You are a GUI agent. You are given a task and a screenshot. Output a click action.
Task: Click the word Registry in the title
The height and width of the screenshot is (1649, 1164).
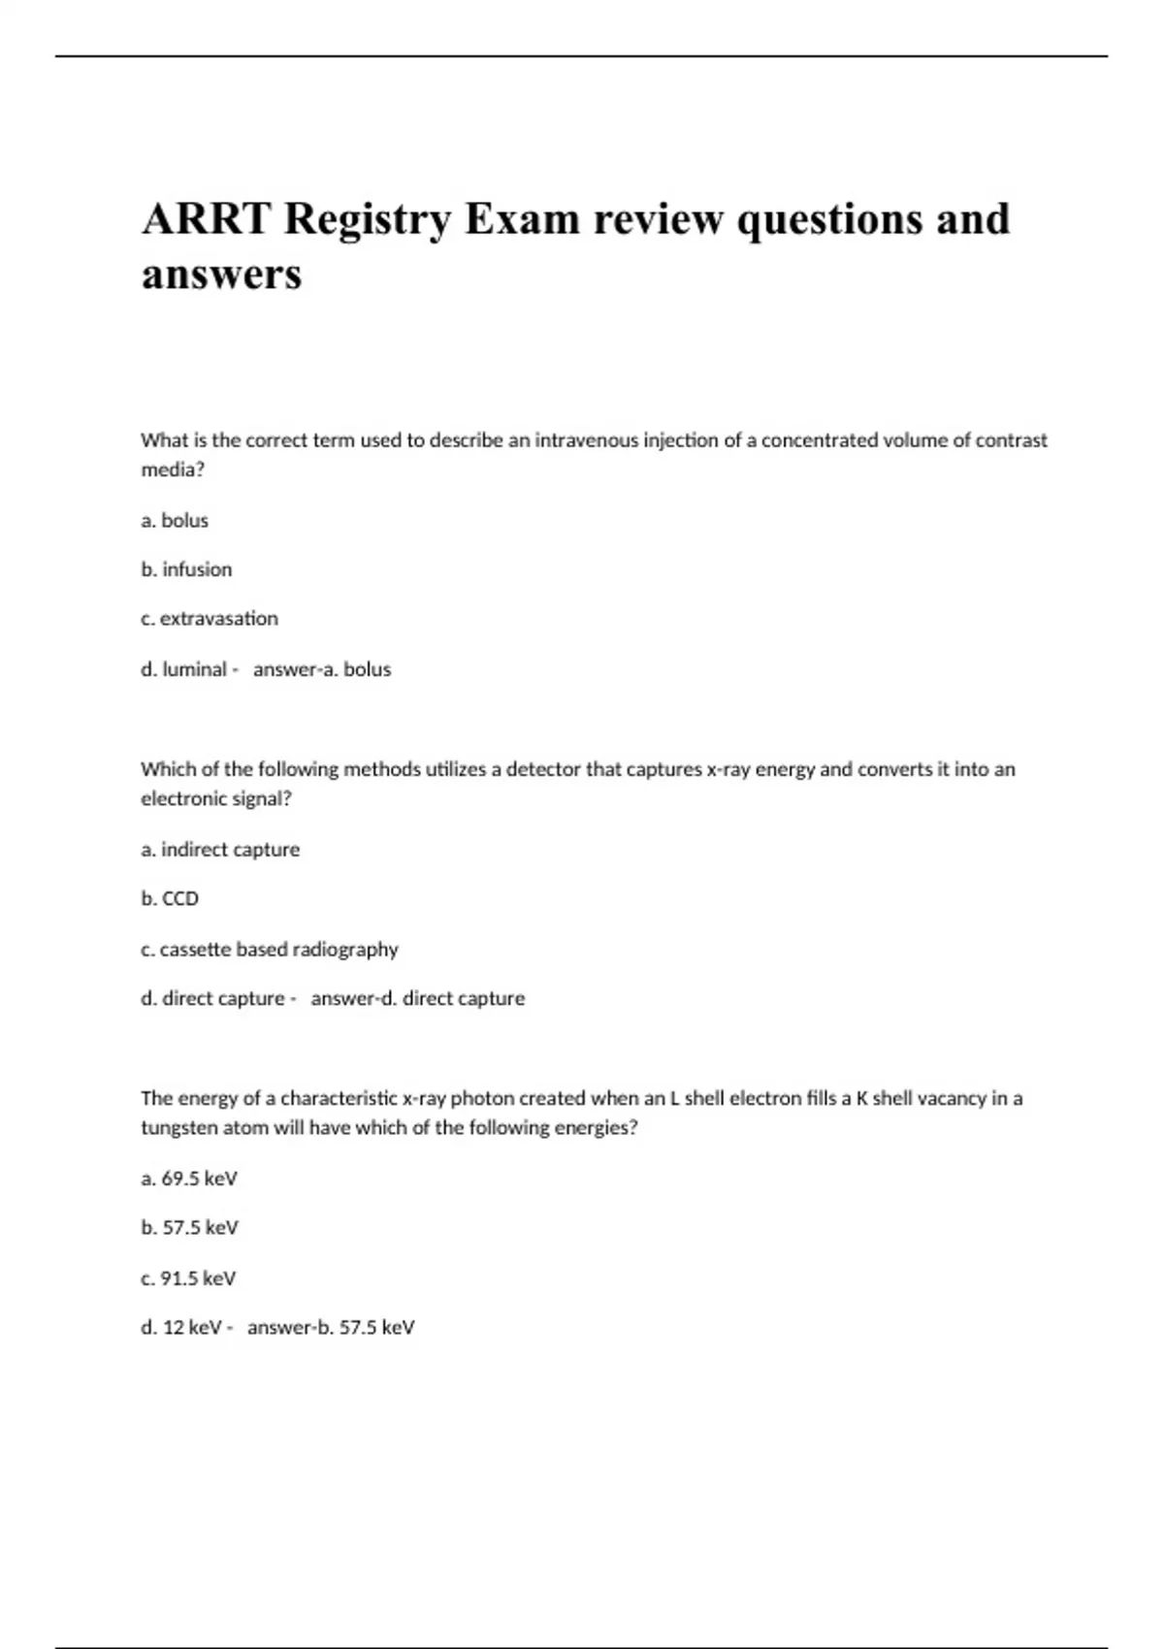click(x=368, y=219)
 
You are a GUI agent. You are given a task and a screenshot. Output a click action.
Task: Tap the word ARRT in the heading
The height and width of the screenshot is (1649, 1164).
click(x=205, y=219)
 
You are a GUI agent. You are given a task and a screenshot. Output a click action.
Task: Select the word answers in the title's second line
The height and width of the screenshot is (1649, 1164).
click(x=221, y=275)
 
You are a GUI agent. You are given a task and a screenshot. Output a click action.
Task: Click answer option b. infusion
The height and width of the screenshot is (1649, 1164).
click(x=186, y=569)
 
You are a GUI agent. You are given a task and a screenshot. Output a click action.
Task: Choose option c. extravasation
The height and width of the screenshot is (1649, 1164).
click(x=210, y=619)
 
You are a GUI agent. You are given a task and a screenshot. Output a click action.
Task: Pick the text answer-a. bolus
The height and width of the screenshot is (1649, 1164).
click(x=322, y=669)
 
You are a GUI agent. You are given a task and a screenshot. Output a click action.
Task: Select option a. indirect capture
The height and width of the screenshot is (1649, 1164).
click(x=220, y=850)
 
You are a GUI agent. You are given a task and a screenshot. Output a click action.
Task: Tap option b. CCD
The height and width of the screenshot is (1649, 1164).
click(x=170, y=899)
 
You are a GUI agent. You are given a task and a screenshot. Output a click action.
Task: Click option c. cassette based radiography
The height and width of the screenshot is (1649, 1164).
click(x=270, y=949)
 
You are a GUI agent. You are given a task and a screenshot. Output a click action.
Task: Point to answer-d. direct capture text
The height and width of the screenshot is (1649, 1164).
click(x=417, y=998)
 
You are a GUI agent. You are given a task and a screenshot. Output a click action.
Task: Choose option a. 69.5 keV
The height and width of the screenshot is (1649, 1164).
click(x=189, y=1179)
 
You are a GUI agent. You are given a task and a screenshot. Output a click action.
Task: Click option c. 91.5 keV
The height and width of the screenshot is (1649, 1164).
click(x=188, y=1278)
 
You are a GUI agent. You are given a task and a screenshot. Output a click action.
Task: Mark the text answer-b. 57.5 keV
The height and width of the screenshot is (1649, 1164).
click(x=331, y=1328)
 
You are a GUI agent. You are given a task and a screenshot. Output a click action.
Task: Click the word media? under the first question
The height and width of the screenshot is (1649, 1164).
click(x=173, y=469)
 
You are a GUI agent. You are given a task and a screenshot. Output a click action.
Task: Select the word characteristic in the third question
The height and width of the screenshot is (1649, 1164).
click(x=339, y=1099)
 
